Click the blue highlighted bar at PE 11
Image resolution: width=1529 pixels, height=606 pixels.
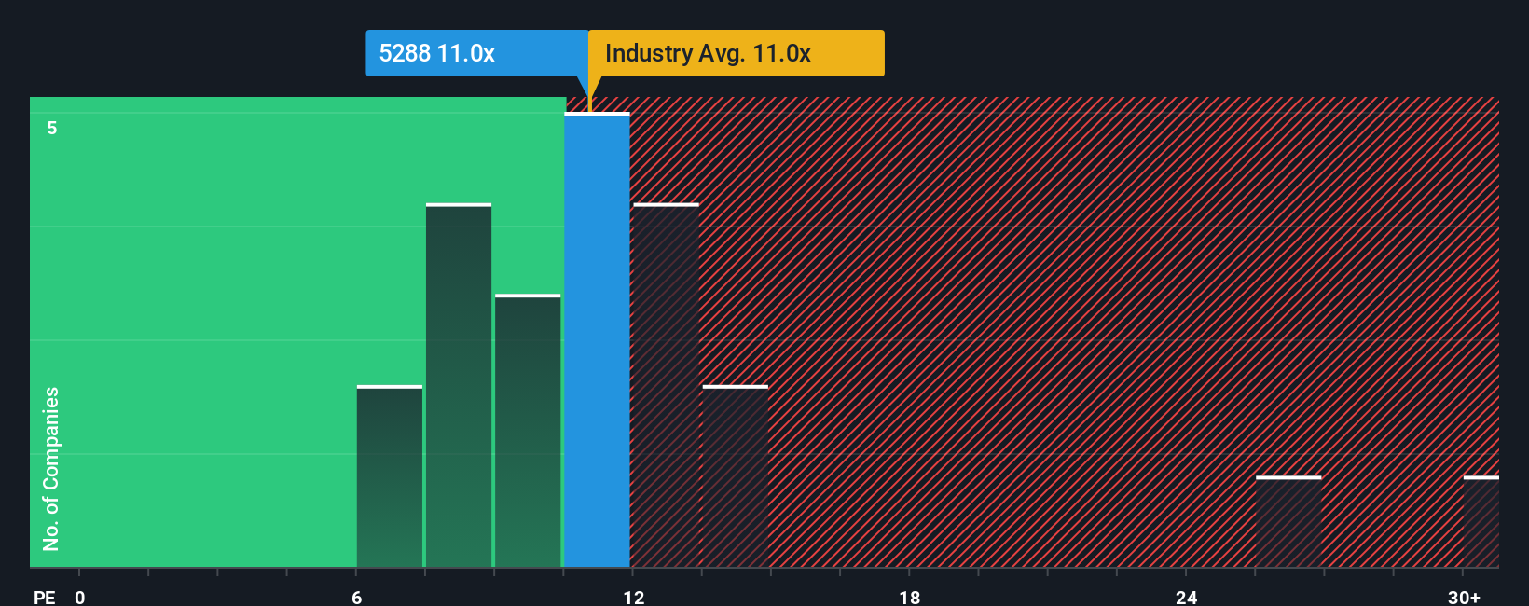coord(597,340)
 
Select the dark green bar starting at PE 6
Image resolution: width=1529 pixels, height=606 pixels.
coord(390,476)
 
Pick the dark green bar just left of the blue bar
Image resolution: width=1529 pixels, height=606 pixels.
coord(528,431)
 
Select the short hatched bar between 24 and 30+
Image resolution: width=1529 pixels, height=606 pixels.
coord(1288,522)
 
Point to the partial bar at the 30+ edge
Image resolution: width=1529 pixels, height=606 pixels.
coord(1481,522)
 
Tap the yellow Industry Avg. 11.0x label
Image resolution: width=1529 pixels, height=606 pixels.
coord(737,53)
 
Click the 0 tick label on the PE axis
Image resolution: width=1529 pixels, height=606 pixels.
coord(80,598)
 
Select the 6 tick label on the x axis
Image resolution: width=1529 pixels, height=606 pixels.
coord(357,598)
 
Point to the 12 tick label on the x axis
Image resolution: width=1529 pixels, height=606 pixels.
coord(634,598)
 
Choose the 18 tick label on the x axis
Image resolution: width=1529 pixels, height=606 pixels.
coord(910,598)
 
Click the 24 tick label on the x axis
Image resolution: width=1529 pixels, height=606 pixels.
coord(1186,598)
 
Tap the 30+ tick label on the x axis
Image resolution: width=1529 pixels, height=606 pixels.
coord(1464,598)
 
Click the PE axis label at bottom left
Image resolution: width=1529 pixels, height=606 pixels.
coord(44,598)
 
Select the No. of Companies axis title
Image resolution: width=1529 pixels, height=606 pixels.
coord(51,468)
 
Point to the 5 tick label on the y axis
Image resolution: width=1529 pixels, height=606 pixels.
coord(52,128)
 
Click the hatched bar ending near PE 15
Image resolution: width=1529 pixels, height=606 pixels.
coord(736,476)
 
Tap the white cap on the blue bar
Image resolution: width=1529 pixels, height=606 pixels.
coord(597,114)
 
